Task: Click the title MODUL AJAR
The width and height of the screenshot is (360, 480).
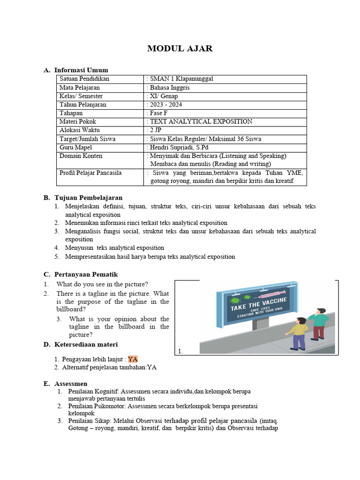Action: click(180, 49)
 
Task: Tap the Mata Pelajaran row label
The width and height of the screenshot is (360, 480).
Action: click(80, 88)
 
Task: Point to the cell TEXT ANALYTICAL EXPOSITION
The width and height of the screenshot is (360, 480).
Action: click(201, 121)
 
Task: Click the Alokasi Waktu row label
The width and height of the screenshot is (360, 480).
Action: click(80, 130)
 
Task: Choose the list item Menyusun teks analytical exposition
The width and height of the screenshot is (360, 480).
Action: click(114, 247)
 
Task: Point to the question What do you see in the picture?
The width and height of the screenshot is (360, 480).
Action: click(102, 284)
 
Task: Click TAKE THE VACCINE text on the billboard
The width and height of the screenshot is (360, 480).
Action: click(258, 304)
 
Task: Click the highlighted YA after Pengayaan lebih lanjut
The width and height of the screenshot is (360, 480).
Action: click(133, 360)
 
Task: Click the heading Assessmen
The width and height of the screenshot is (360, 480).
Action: click(71, 384)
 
